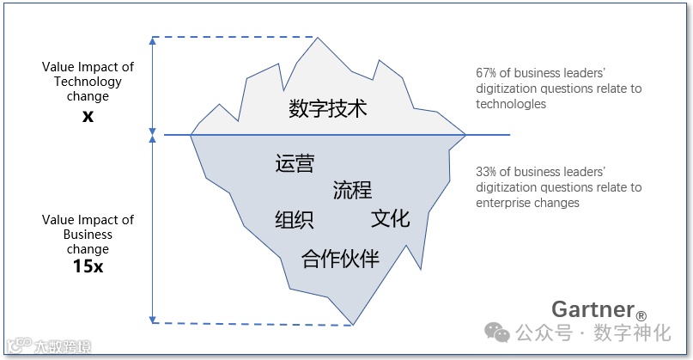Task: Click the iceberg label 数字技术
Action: pyautogui.click(x=327, y=110)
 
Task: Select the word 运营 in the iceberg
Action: pyautogui.click(x=295, y=163)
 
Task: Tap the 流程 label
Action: pyautogui.click(x=352, y=190)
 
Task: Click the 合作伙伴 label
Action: pyautogui.click(x=340, y=258)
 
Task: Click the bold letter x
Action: pyautogui.click(x=88, y=115)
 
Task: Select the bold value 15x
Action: pyautogui.click(x=88, y=265)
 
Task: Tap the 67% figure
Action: pyautogui.click(x=487, y=73)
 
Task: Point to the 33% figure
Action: pyautogui.click(x=487, y=172)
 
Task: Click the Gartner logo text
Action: pyautogui.click(x=593, y=309)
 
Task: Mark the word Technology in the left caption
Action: pyautogui.click(x=88, y=82)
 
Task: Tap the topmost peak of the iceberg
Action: pyautogui.click(x=318, y=39)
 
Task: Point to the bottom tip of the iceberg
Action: pyautogui.click(x=353, y=324)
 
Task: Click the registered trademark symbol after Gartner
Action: pyautogui.click(x=641, y=315)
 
